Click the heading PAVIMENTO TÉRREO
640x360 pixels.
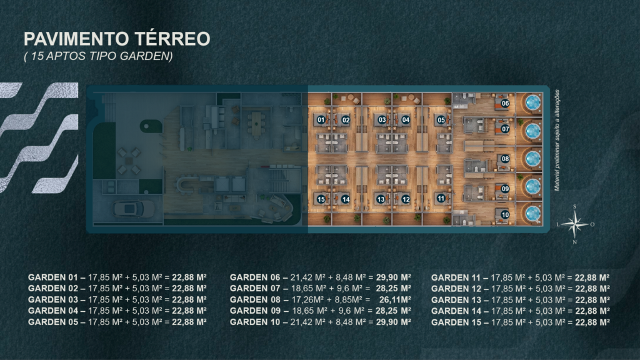117,39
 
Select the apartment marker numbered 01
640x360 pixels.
321,119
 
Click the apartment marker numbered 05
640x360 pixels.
441,120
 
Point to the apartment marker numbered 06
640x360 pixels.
505,103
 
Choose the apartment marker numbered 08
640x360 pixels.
505,159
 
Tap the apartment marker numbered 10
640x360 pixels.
505,215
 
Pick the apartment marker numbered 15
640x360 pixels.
321,199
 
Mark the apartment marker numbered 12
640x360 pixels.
406,199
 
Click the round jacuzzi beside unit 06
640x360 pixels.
532,102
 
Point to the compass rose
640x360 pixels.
575,224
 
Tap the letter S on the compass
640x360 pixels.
575,206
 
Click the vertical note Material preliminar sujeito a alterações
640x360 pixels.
557,141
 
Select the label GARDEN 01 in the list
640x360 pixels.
52,277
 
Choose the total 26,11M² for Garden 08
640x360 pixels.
395,299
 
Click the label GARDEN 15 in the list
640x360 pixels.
456,322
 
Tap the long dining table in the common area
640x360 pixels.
256,123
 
